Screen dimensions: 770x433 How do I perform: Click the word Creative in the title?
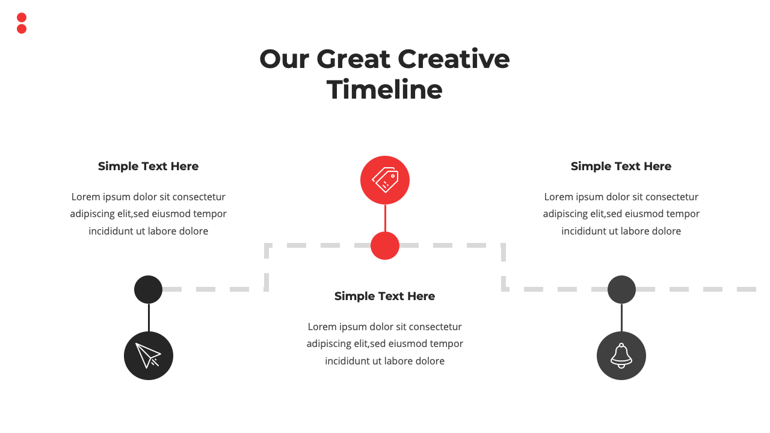(454, 59)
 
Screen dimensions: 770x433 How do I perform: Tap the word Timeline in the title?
(384, 90)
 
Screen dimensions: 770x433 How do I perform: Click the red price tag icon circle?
(385, 180)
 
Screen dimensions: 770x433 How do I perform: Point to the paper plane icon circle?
(149, 355)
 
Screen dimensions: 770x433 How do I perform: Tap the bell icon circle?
(621, 355)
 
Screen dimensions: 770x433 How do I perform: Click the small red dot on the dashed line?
(385, 245)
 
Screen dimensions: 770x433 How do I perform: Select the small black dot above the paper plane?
(148, 289)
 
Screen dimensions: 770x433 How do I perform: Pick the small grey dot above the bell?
(621, 289)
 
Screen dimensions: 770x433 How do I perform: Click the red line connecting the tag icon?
(385, 218)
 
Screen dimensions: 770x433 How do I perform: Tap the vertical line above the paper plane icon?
(149, 318)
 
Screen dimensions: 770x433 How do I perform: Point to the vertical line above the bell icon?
(621, 318)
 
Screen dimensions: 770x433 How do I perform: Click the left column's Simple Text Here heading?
(148, 167)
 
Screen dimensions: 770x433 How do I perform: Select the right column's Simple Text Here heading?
(621, 167)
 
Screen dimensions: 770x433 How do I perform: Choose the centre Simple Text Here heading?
(384, 296)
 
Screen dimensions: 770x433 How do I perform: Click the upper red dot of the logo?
(22, 17)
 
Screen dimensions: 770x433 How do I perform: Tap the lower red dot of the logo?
(22, 29)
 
